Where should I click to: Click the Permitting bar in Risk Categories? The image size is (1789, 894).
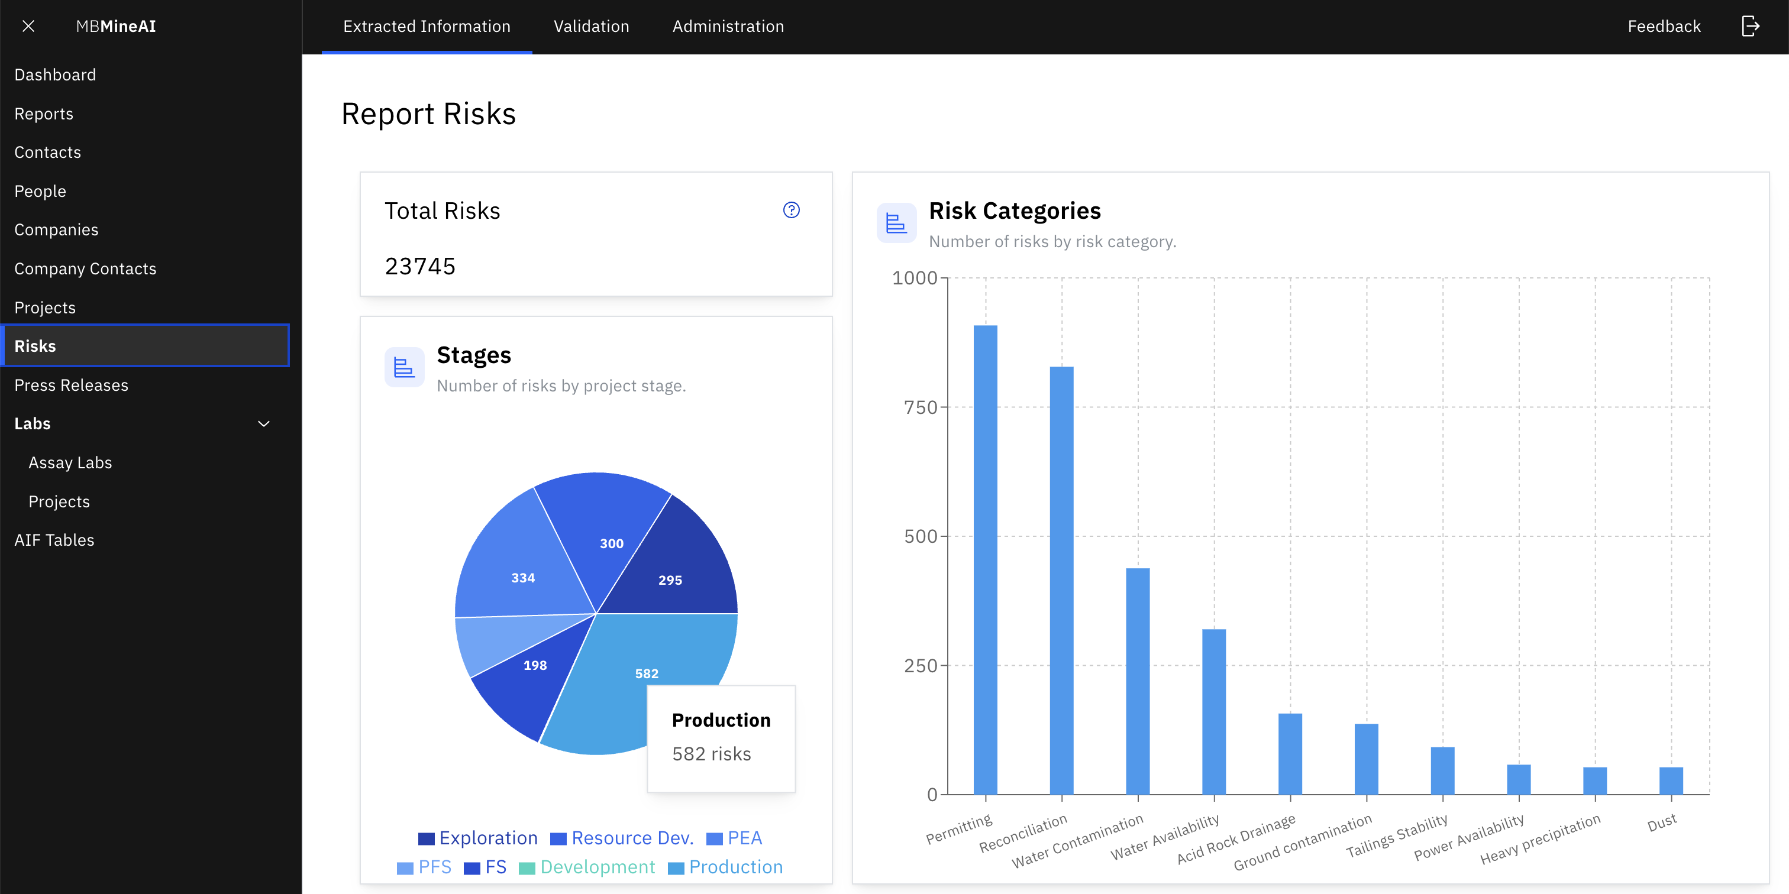point(985,559)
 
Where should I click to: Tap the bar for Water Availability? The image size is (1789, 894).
point(1213,711)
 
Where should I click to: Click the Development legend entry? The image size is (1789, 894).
point(587,867)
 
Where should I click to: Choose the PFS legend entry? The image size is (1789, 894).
point(424,867)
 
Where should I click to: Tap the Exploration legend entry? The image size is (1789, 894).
point(479,838)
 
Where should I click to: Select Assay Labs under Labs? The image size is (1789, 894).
point(70,462)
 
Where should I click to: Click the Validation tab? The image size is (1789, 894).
point(591,27)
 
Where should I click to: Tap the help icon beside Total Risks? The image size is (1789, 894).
point(791,210)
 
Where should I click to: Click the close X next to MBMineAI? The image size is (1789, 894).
point(28,27)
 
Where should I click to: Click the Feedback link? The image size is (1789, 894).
point(1664,27)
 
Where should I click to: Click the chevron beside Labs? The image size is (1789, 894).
point(264,423)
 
